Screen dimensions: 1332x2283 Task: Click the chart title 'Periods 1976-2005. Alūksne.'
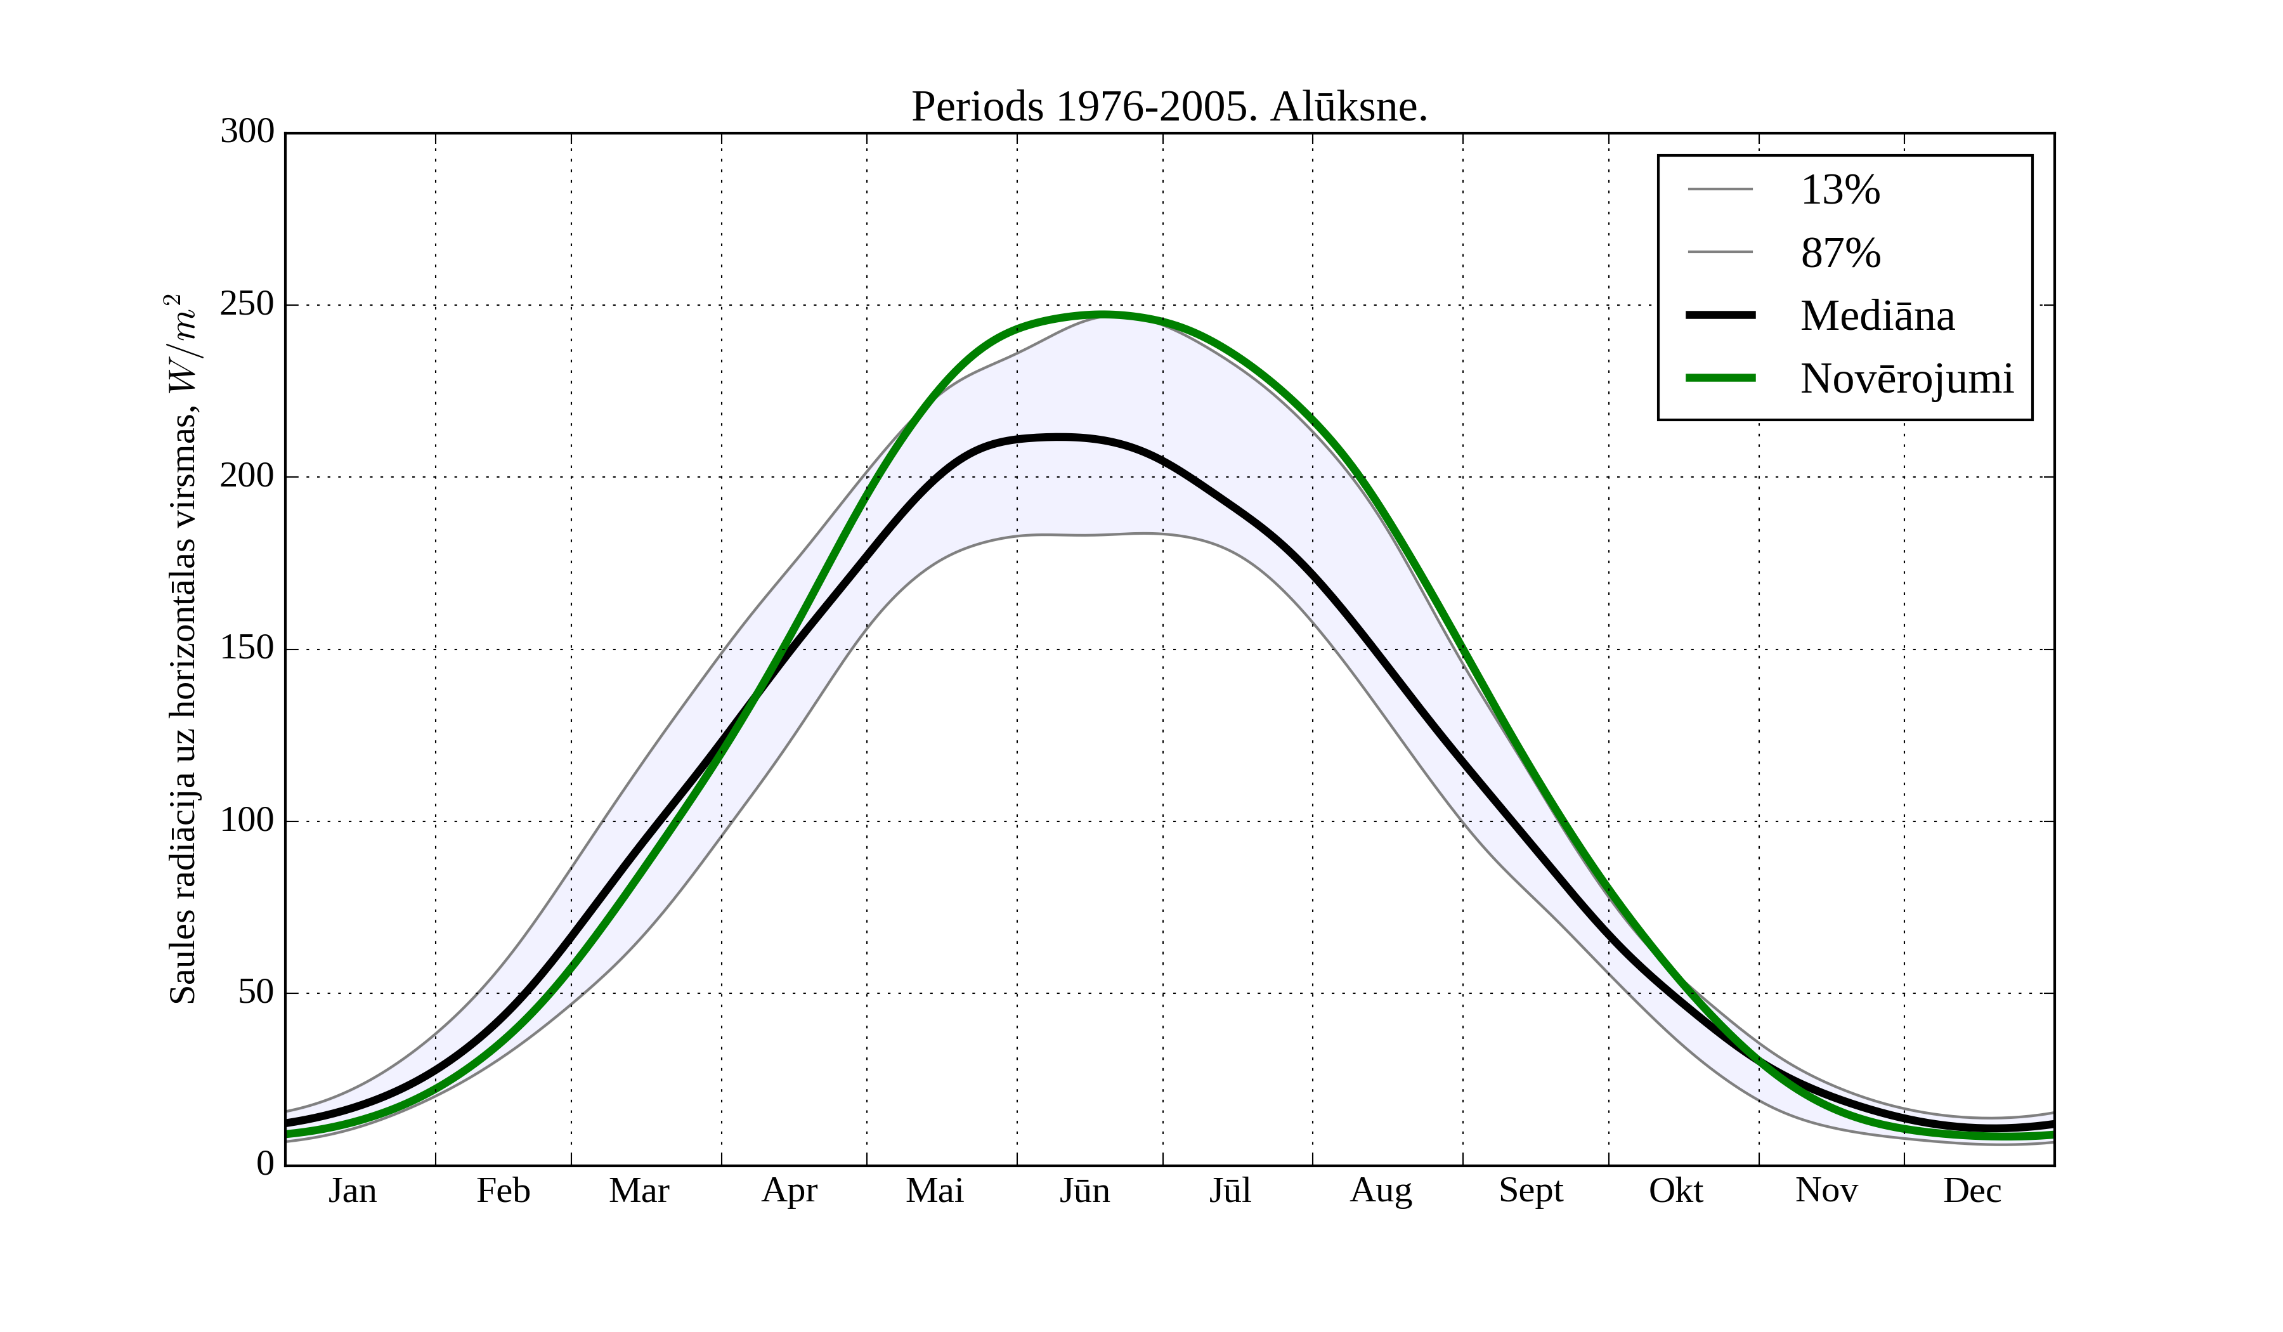click(1169, 107)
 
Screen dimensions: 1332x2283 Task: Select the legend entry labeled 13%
click(1839, 190)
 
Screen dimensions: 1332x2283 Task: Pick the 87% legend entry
click(1840, 253)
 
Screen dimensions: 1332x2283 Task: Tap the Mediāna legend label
click(1876, 315)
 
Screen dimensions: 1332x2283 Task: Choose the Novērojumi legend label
click(1906, 379)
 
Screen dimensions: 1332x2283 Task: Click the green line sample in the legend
click(1719, 378)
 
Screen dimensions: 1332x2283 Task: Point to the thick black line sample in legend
click(1719, 315)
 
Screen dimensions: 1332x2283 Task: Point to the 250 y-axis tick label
click(247, 304)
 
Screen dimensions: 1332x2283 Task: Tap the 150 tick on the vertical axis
click(247, 649)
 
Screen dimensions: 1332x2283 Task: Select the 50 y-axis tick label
click(256, 993)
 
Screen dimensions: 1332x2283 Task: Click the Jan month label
click(353, 1191)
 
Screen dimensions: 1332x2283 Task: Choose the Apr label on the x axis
click(789, 1191)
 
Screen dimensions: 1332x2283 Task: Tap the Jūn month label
click(1084, 1191)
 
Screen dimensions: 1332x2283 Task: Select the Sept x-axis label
click(1530, 1191)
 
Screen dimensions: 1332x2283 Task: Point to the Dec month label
click(1972, 1191)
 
